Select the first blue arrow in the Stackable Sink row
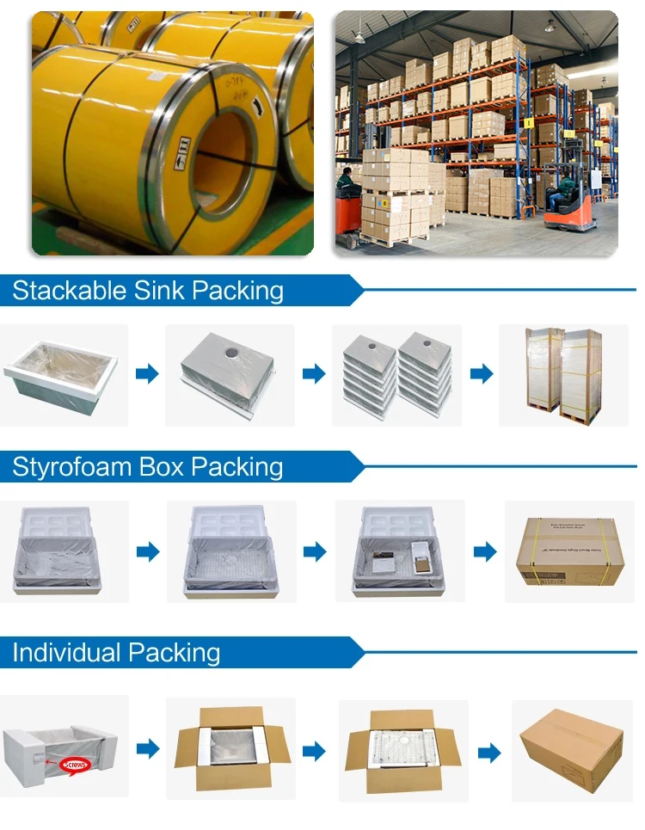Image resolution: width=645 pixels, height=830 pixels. (x=147, y=373)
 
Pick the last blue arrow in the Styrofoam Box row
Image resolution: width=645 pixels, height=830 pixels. (x=485, y=551)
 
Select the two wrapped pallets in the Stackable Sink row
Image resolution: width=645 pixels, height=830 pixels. (x=563, y=373)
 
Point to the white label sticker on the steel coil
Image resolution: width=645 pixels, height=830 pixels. (x=182, y=152)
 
